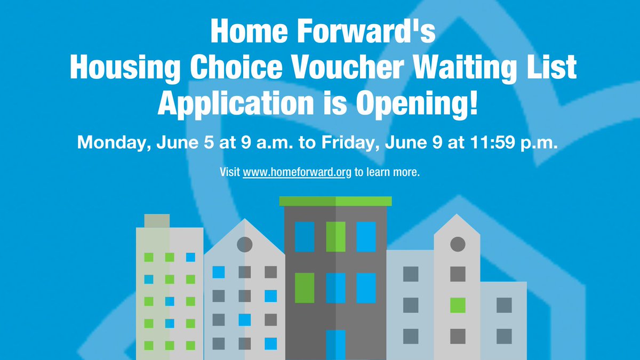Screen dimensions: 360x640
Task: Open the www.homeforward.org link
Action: coord(297,173)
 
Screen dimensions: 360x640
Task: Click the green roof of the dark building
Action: coord(335,201)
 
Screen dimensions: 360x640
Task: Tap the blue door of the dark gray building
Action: coord(335,345)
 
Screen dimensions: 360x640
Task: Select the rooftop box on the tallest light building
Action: coord(157,221)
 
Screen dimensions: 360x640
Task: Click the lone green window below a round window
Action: coord(458,306)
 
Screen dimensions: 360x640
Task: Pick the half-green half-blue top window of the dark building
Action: coord(335,236)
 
